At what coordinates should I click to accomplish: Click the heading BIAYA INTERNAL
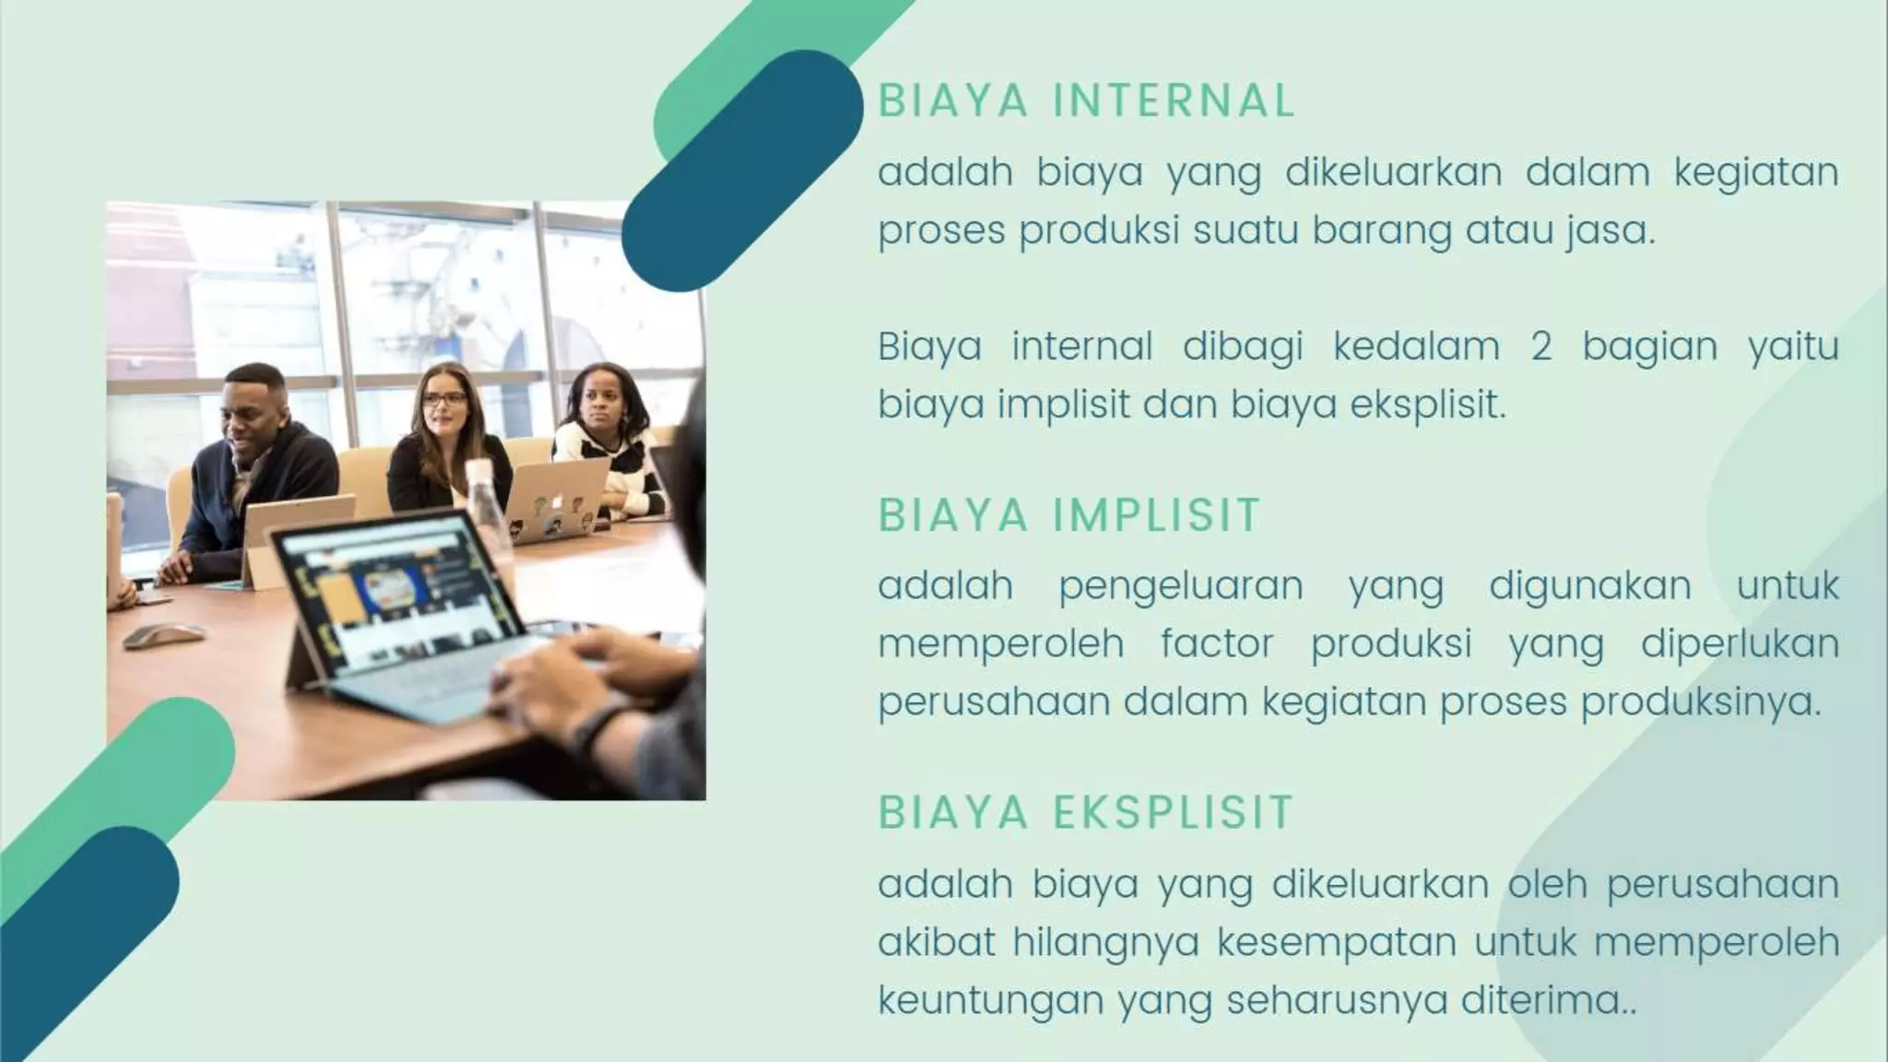[x=1086, y=100]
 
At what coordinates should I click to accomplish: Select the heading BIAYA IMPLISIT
[x=1068, y=515]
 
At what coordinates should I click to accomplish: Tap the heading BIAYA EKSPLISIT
[x=1085, y=813]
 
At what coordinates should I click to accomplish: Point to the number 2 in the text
[x=1540, y=348]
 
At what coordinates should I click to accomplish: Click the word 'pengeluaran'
[x=1180, y=586]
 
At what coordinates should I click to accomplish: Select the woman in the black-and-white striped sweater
[x=604, y=442]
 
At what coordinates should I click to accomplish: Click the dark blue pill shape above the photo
[x=742, y=171]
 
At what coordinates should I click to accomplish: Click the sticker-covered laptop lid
[x=558, y=498]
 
